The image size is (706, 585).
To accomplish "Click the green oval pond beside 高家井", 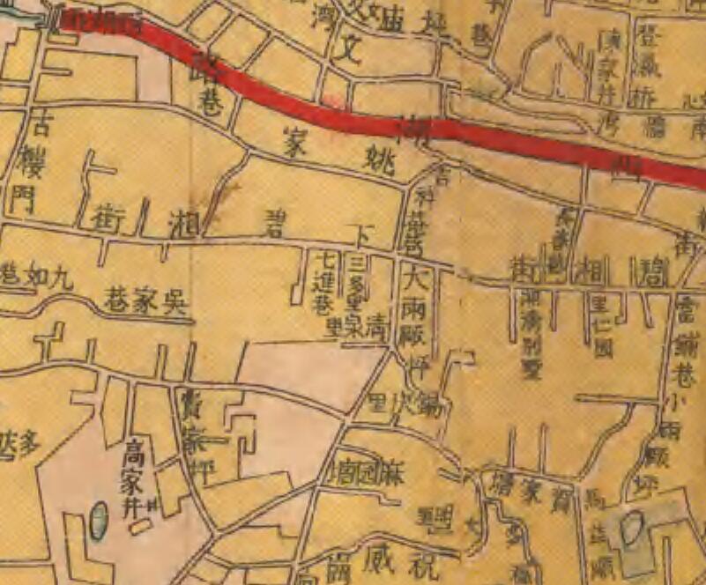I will tap(99, 520).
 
